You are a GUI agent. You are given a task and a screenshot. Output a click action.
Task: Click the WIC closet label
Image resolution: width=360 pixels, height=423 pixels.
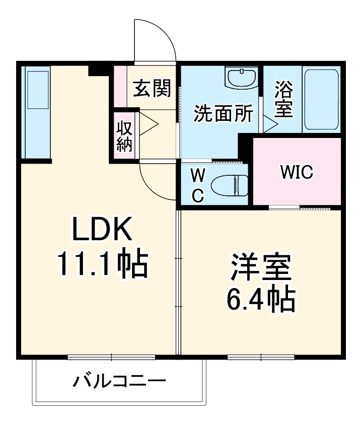coord(297,173)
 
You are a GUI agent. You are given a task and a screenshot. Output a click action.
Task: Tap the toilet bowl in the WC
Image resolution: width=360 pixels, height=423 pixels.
coord(230,185)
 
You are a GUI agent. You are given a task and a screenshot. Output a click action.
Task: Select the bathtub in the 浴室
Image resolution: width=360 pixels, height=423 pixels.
coord(321,99)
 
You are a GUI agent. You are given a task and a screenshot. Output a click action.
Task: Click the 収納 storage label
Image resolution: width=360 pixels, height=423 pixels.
coord(124,135)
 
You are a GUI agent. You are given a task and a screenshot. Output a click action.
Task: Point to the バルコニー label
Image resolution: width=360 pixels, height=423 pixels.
coord(119,381)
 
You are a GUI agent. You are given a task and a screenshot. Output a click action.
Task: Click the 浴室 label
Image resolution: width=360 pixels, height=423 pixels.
coord(284,100)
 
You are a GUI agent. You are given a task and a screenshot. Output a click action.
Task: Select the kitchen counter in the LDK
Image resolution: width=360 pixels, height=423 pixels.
coord(37,114)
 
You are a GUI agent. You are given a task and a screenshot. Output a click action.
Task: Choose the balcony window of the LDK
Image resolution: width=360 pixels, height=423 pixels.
coord(111,357)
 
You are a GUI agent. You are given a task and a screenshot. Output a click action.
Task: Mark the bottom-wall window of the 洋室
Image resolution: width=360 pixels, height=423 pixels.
coord(261,357)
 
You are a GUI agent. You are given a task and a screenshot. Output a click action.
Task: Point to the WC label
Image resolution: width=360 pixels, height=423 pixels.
coord(198,185)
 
